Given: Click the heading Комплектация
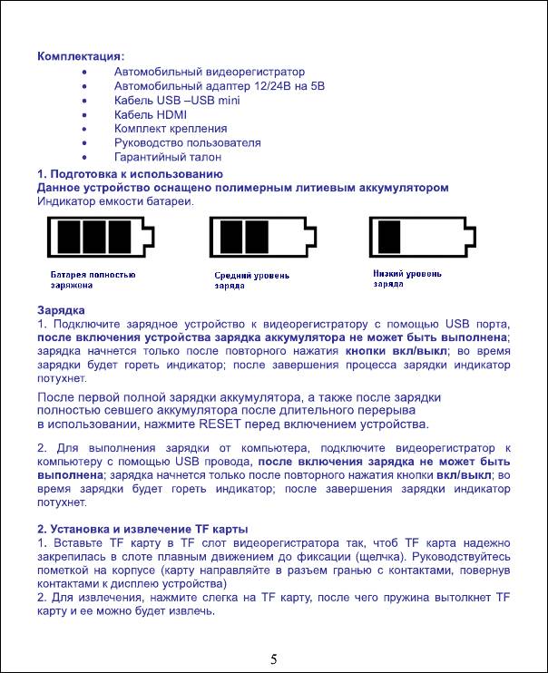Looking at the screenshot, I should pos(81,56).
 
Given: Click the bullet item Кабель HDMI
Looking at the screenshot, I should pos(150,114).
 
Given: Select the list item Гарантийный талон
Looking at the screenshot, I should pos(167,157).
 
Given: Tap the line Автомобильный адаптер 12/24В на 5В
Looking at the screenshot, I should pos(219,85).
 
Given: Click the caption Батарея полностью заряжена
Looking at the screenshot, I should pos(93,279).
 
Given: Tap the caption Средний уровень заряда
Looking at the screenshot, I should pos(251,279).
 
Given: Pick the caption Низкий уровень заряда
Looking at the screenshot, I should pos(407,278).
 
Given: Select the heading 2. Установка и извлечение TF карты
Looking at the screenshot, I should pos(142,529).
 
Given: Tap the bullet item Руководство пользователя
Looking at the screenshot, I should pos(187,142).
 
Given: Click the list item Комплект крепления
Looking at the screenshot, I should pos(171,129).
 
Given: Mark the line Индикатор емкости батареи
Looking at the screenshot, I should pos(115,200).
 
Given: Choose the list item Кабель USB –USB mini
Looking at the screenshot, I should pos(177,100).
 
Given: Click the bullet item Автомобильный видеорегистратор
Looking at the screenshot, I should pos(210,71).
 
